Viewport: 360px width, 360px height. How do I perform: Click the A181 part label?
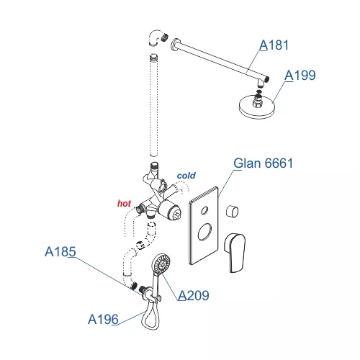pos(274,45)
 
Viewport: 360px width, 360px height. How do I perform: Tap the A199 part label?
pos(300,75)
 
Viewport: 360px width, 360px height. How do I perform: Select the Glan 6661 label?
pos(264,163)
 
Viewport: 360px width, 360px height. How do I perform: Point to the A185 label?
pos(60,251)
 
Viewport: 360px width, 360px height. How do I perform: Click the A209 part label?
pos(194,295)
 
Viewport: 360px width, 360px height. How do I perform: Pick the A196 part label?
pos(103,319)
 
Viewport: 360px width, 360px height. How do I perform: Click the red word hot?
pos(124,203)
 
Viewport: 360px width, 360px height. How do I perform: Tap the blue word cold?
pos(186,176)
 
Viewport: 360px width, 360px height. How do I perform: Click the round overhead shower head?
pos(258,107)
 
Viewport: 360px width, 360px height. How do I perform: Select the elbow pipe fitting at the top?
pos(156,37)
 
